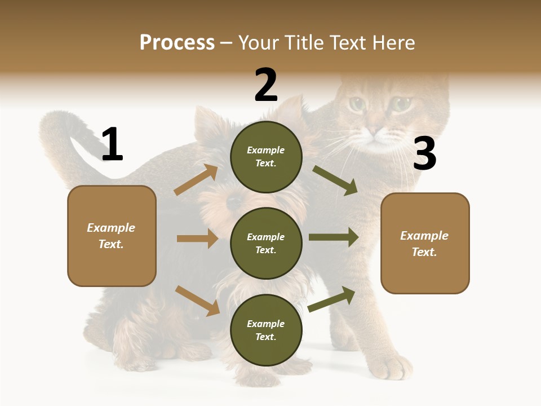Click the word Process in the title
point(177,42)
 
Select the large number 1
point(112,144)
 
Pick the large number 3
point(424,153)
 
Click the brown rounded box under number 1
point(112,236)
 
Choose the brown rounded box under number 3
point(425,243)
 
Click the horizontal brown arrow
point(197,239)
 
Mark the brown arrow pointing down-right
point(197,301)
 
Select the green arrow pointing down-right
point(335,180)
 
